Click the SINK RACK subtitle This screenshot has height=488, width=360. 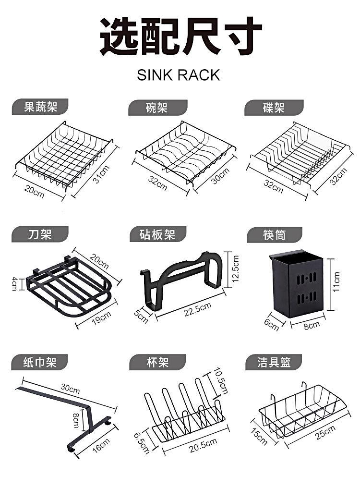pyautogui.click(x=178, y=75)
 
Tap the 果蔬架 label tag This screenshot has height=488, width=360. pyautogui.click(x=40, y=107)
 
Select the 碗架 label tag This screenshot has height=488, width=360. pyautogui.click(x=157, y=108)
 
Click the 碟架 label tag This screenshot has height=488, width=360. pyautogui.click(x=274, y=108)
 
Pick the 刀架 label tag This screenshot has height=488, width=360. pyautogui.click(x=40, y=235)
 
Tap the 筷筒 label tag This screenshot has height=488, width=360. pyautogui.click(x=274, y=235)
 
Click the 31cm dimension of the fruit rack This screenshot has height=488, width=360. pyautogui.click(x=101, y=174)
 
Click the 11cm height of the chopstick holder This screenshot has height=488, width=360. pyautogui.click(x=337, y=282)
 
